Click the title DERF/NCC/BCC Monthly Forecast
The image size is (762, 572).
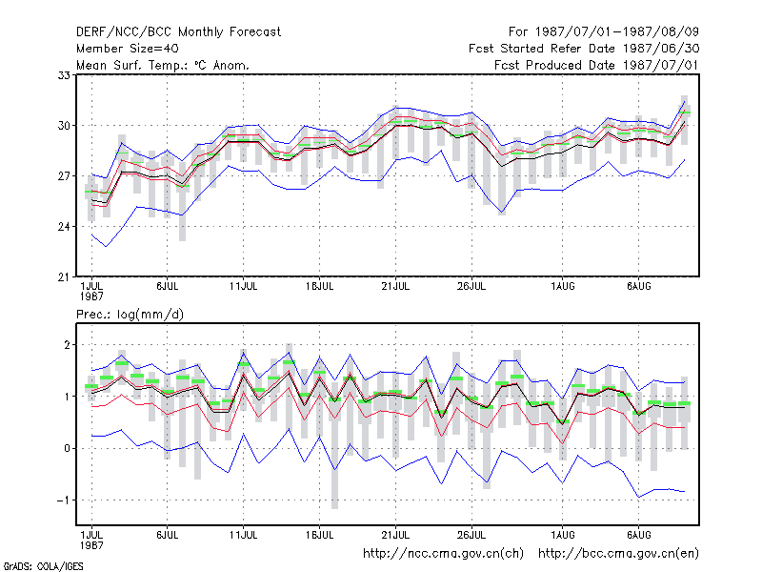coord(178,32)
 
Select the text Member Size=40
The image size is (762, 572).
coord(128,49)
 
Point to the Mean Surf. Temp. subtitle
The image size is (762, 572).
coord(163,65)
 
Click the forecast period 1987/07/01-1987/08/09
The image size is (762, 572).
coord(604,32)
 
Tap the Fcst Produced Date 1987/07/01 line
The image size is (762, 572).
coord(596,65)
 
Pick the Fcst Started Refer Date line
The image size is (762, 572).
coord(584,49)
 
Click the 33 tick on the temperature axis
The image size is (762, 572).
coord(64,75)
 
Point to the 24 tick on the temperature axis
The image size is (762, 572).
coord(64,227)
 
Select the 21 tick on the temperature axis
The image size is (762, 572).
coord(64,277)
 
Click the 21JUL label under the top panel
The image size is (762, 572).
coord(395,287)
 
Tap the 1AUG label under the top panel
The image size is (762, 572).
coord(563,287)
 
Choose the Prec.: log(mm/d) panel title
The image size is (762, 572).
coord(130,315)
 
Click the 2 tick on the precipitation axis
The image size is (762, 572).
coord(67,345)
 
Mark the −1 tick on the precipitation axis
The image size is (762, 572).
coord(63,500)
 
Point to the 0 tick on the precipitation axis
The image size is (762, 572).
coord(67,448)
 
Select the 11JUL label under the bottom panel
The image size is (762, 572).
coord(244,535)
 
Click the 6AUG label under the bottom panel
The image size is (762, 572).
coord(638,535)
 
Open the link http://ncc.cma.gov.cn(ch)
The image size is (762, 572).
coord(443,554)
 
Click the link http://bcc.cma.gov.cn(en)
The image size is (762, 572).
coord(618,554)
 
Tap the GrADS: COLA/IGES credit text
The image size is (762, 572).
coord(44,566)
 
